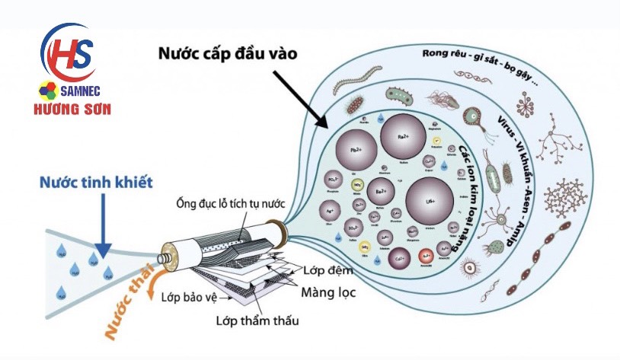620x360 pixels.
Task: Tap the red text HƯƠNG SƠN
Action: pyautogui.click(x=75, y=109)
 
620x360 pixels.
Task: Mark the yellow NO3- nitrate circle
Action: pyautogui.click(x=358, y=184)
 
